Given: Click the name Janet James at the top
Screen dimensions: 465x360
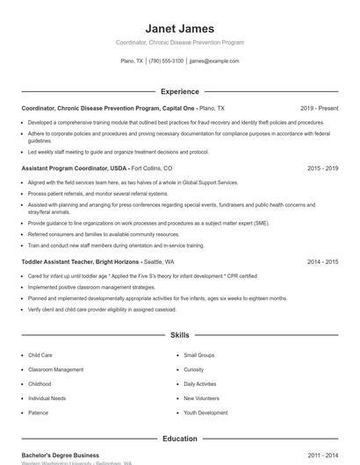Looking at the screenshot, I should (x=179, y=28).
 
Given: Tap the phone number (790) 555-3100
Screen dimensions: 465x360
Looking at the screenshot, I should (x=166, y=61).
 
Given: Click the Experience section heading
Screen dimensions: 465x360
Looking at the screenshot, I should (x=179, y=91).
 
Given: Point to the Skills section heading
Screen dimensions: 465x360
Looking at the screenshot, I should (x=179, y=335).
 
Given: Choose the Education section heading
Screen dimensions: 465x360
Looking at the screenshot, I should (x=179, y=439).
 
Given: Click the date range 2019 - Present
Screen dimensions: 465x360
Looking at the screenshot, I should (x=319, y=108).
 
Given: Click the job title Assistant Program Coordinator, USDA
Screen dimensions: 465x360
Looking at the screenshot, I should (x=75, y=168).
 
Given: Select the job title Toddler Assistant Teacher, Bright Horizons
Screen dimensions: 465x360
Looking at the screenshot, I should (x=80, y=261).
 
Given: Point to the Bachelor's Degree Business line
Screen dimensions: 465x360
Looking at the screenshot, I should (x=61, y=455).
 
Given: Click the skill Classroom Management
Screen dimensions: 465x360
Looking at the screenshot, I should (x=56, y=369).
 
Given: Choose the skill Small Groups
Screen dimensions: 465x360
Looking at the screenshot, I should (x=198, y=355).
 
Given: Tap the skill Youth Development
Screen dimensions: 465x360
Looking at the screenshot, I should (x=205, y=412).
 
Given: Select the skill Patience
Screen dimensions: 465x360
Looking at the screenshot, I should (x=38, y=412).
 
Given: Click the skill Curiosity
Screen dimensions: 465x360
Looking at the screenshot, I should (x=193, y=369).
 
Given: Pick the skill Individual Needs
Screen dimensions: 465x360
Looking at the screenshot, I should (x=47, y=398).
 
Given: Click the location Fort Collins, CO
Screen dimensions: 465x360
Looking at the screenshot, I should (x=152, y=168).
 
